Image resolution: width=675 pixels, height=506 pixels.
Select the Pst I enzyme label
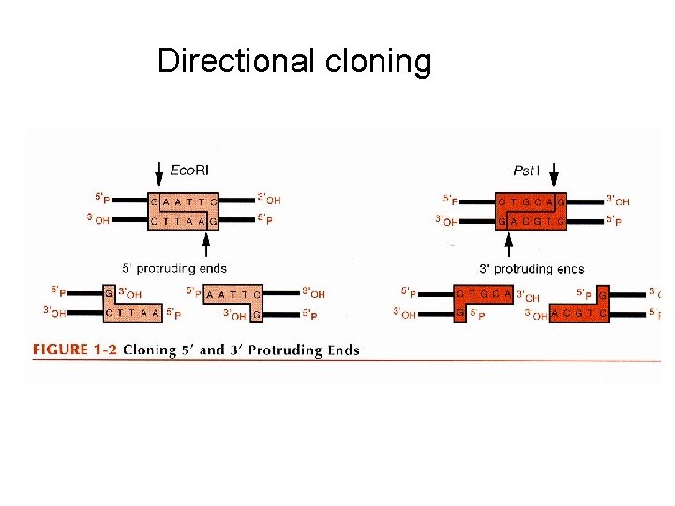(526, 171)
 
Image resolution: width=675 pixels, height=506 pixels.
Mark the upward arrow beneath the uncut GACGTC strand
(508, 245)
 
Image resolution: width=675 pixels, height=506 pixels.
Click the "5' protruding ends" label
(175, 268)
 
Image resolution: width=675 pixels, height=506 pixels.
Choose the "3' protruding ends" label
(532, 269)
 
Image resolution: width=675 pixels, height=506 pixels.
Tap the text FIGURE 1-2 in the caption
(73, 350)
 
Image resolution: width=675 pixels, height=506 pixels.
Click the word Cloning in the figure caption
(152, 350)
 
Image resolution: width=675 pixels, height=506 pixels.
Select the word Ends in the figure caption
(339, 350)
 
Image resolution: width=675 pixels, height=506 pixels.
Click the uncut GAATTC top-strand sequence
(184, 201)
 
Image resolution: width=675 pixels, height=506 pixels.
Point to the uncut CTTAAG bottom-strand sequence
(184, 221)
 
